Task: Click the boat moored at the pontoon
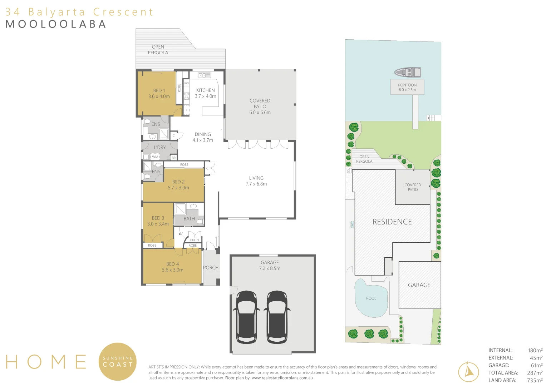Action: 408,73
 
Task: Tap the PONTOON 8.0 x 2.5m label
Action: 407,87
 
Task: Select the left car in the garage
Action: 246,317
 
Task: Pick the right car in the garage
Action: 277,317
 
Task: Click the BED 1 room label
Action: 159,93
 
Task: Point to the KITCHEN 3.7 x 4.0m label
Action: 205,93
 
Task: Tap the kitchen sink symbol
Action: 205,75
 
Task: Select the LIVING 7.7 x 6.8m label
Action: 256,181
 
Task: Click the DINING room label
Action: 203,137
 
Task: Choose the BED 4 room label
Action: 172,267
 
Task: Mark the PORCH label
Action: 211,268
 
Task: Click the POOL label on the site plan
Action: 371,298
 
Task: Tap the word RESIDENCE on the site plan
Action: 392,222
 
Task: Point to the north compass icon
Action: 468,372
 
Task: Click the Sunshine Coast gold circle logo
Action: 118,362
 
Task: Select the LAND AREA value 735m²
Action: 535,380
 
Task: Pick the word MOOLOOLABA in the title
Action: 56,24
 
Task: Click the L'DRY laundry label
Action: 160,147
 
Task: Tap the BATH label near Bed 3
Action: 189,219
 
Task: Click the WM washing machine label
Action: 155,157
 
